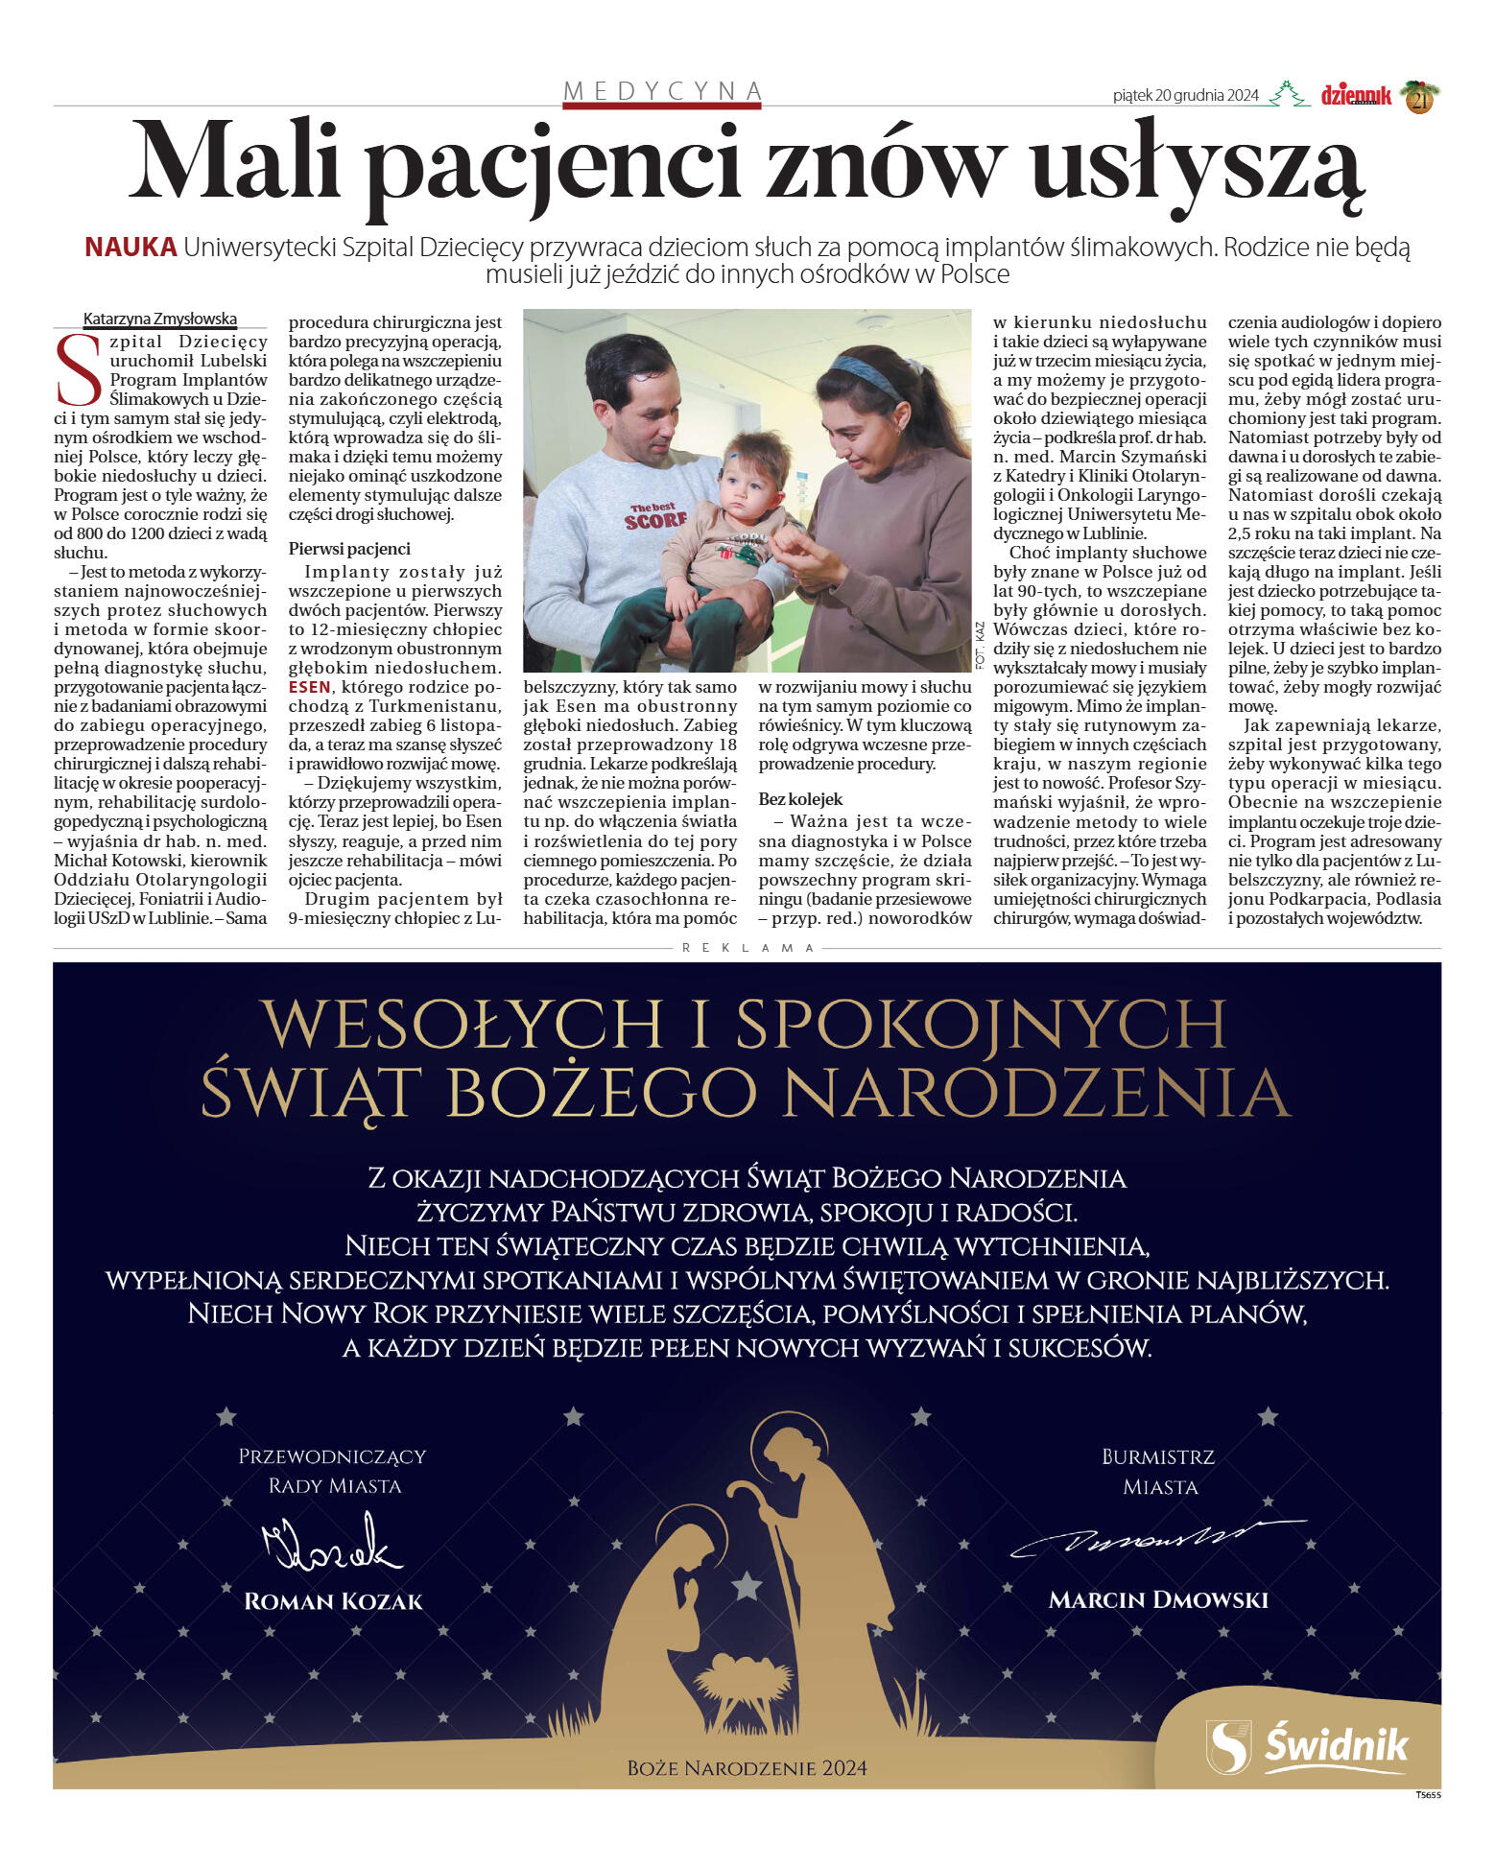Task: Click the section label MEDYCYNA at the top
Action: tap(662, 91)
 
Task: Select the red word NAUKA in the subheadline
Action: tap(131, 248)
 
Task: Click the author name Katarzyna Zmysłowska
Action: tap(160, 319)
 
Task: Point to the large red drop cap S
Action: tap(79, 369)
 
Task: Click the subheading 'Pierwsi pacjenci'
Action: tap(349, 549)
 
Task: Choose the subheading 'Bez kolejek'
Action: tap(800, 799)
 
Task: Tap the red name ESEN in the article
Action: tap(309, 687)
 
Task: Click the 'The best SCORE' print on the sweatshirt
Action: tap(655, 516)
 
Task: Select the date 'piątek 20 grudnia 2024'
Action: tap(1185, 95)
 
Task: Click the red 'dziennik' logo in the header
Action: tap(1355, 95)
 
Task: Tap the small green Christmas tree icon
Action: tap(1289, 94)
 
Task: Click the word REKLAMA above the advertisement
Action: tap(748, 948)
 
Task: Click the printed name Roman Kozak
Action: tap(333, 1601)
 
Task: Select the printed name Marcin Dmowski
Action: tap(1158, 1600)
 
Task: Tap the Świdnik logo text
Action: tap(1337, 1744)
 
